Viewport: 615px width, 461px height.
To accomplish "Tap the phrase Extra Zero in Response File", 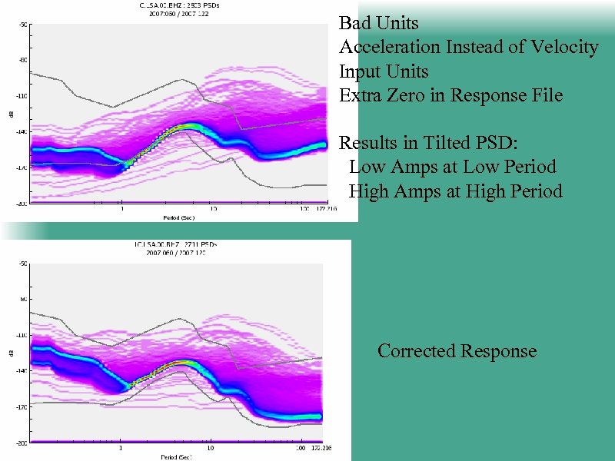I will click(x=451, y=95).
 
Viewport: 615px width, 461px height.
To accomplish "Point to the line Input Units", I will click(x=384, y=71).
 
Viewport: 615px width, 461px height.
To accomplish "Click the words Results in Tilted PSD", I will click(x=433, y=143).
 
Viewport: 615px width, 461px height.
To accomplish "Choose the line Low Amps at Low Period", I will click(x=452, y=167).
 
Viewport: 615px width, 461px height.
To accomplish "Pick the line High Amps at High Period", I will click(x=455, y=191).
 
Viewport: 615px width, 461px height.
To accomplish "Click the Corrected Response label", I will click(x=457, y=351).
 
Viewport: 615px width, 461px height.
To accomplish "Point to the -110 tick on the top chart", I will click(x=23, y=96).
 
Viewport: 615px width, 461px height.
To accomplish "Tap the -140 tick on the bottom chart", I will click(x=23, y=370).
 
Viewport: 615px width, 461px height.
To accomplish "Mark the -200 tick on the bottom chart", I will click(x=23, y=443).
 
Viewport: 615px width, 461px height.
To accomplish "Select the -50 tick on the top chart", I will click(x=23, y=25).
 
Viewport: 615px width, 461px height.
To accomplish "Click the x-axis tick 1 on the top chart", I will click(x=121, y=209).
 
